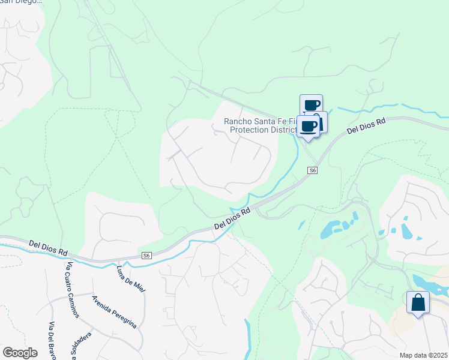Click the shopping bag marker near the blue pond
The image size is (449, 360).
(x=418, y=302)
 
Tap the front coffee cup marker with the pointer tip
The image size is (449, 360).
(x=309, y=127)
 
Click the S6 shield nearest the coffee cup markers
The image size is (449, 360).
(x=312, y=171)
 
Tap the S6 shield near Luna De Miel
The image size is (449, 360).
(x=146, y=256)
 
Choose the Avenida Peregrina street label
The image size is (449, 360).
(x=114, y=311)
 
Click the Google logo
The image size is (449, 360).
(x=20, y=353)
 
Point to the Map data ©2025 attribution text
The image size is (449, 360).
(x=423, y=355)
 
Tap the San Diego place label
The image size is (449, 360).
(x=21, y=2)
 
